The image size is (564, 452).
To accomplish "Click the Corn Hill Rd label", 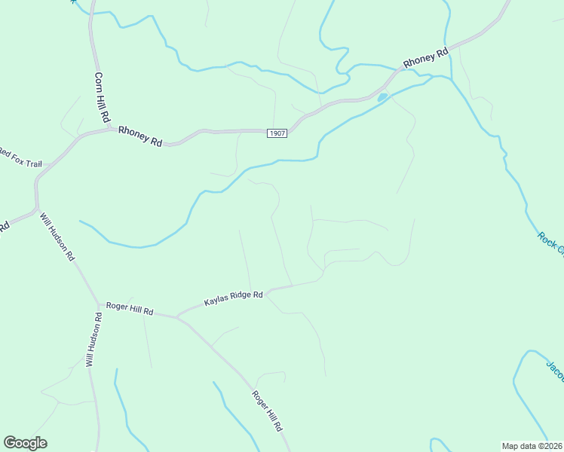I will tap(103, 98).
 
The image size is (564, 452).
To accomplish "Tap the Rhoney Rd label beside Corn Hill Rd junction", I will tap(140, 136).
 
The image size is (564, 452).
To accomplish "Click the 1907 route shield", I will tap(277, 133).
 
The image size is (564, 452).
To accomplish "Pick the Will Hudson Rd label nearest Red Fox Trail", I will tap(57, 237).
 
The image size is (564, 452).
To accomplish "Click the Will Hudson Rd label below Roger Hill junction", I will tap(93, 339).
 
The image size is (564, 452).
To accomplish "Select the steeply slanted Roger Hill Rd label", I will tap(267, 411).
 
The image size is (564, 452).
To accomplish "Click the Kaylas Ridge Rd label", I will tap(233, 299).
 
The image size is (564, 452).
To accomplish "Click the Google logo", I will tap(25, 443).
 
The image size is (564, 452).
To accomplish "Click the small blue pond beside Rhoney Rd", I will tap(382, 96).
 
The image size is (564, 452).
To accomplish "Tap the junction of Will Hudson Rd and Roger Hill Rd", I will tap(98, 305).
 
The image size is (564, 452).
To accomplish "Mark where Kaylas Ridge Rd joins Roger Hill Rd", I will tap(177, 317).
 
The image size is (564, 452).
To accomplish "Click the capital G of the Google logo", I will tap(11, 443).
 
